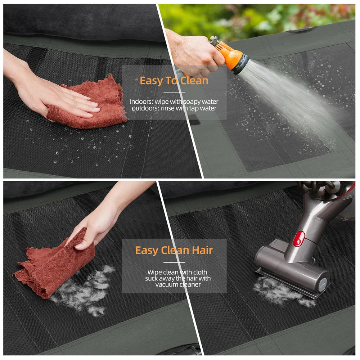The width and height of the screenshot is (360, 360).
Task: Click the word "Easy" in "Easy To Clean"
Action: (x=151, y=81)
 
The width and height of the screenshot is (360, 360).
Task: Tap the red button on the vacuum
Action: (x=298, y=239)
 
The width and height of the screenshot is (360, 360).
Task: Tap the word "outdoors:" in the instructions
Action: (x=144, y=108)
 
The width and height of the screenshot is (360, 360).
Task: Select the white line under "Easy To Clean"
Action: (x=174, y=93)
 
